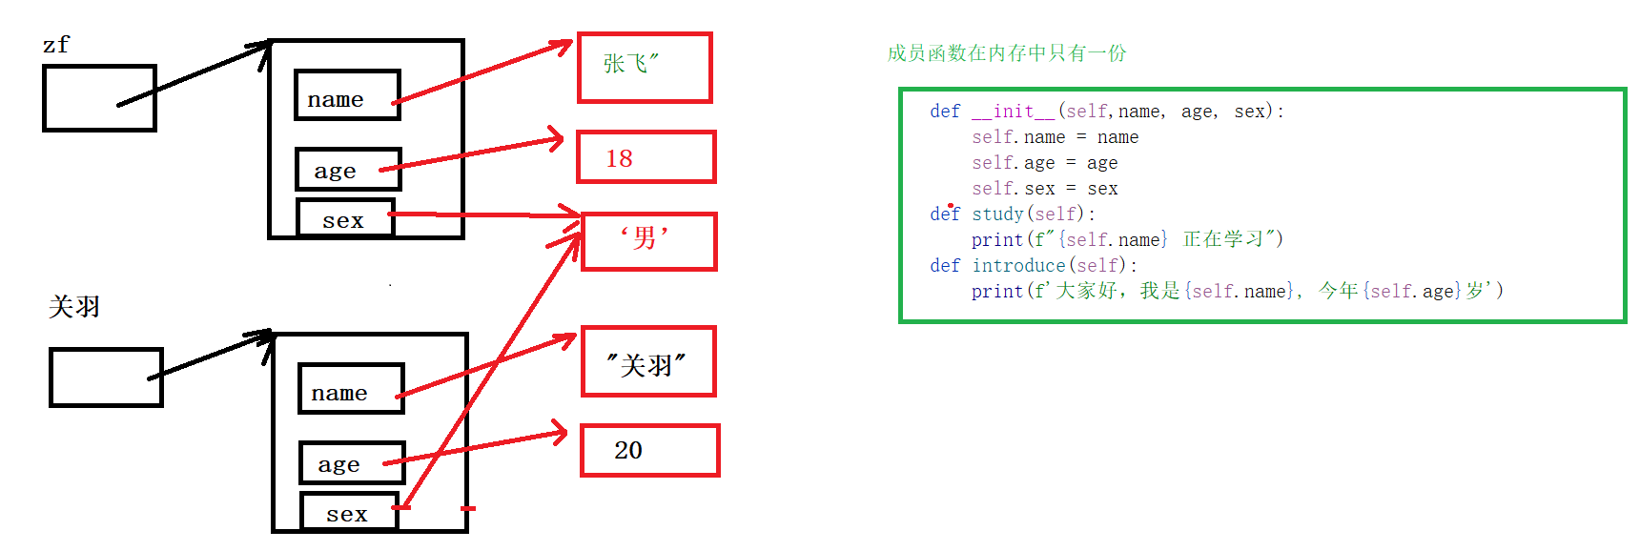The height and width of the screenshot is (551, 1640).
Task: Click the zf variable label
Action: click(56, 45)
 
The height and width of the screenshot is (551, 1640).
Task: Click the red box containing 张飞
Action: click(645, 68)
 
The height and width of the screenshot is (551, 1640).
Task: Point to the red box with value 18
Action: click(646, 157)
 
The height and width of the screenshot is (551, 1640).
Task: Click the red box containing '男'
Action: click(648, 241)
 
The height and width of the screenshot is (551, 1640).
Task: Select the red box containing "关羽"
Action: click(648, 362)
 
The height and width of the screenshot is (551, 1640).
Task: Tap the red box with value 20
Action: click(649, 451)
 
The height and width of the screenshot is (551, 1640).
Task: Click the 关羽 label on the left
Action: click(74, 307)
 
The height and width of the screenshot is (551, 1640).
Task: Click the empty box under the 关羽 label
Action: click(106, 378)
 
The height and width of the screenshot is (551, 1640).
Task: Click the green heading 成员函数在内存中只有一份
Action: click(1006, 53)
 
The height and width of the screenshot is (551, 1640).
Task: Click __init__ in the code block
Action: click(1014, 112)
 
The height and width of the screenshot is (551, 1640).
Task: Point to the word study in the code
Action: click(997, 214)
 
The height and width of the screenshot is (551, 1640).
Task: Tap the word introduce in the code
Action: click(1018, 266)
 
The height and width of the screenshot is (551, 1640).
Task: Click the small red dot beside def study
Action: click(951, 205)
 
